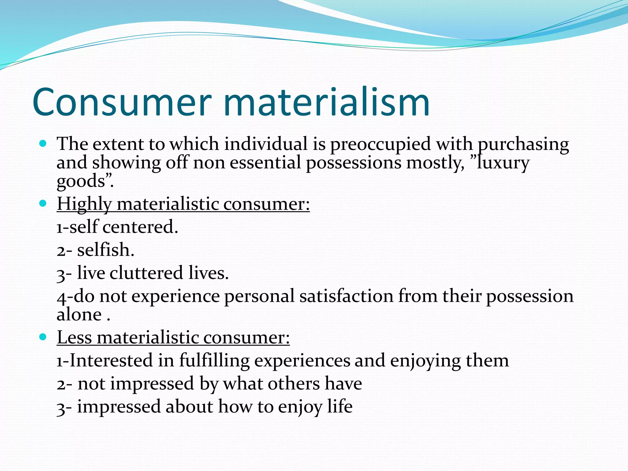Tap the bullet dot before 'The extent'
(x=43, y=143)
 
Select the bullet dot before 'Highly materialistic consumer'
(x=43, y=203)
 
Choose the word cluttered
(x=146, y=273)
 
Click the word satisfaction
(x=346, y=296)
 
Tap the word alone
(x=79, y=315)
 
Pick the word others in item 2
(x=294, y=384)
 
